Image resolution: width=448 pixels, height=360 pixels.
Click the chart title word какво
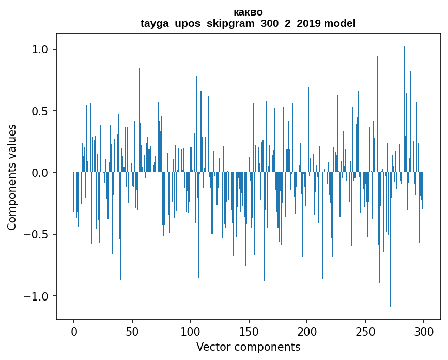click(248, 12)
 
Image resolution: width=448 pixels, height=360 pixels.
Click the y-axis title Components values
click(12, 177)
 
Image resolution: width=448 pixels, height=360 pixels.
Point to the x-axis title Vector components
click(248, 347)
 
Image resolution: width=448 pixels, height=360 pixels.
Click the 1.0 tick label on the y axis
click(40, 49)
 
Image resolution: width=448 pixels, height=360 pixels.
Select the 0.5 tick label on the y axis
click(40, 111)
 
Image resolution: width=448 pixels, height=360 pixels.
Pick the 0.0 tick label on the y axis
click(40, 173)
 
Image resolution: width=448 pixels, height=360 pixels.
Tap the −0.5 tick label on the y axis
click(37, 234)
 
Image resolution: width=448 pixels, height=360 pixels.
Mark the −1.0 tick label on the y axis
click(37, 296)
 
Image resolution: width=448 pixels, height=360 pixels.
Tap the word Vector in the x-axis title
click(212, 347)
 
